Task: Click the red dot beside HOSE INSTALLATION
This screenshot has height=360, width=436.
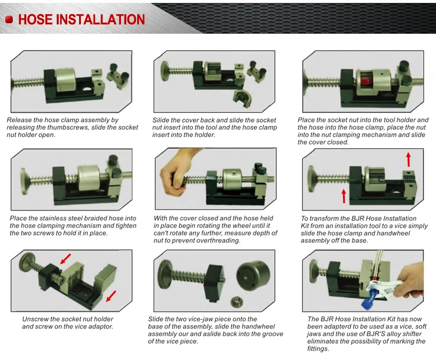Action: point(9,19)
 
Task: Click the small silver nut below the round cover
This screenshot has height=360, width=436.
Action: point(237,302)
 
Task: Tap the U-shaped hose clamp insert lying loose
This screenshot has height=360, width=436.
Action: point(242,99)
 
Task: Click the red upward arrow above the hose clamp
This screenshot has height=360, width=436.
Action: point(408,159)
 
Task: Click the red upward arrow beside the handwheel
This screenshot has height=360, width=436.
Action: point(344,196)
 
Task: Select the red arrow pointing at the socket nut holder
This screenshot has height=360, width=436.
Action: point(66,259)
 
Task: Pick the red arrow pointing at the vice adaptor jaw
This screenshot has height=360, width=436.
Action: point(111,296)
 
